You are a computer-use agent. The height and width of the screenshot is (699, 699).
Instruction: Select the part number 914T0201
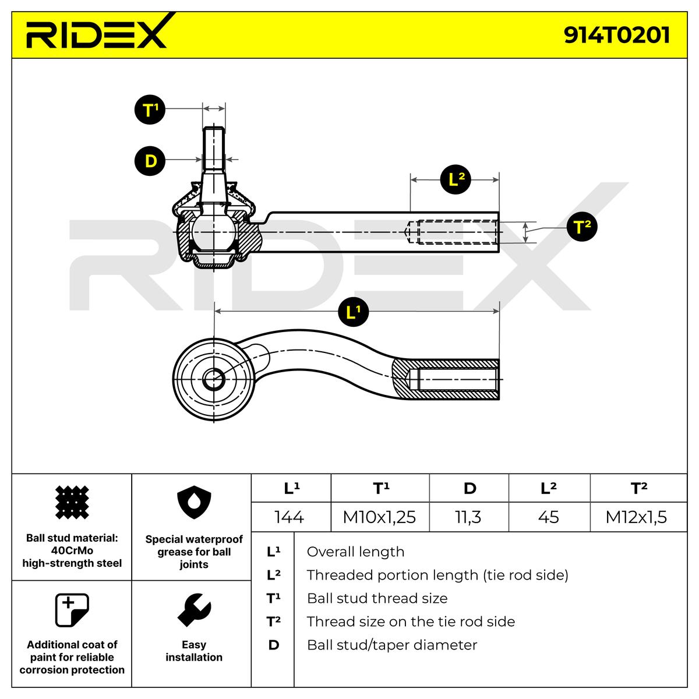point(616,35)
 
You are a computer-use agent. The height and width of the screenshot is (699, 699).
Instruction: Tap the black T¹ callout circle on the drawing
point(150,110)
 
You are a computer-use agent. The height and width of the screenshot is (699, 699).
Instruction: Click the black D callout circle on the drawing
point(150,161)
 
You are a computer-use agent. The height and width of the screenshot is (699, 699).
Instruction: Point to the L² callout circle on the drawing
point(456,179)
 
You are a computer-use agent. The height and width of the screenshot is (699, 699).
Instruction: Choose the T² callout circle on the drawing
point(582,227)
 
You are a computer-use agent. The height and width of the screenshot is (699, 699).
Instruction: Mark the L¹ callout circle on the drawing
point(354,312)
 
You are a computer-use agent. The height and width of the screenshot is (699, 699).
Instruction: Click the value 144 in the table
point(289,517)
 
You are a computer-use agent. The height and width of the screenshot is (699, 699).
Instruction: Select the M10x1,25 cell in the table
point(379,517)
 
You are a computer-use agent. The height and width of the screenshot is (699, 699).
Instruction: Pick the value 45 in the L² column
point(549,517)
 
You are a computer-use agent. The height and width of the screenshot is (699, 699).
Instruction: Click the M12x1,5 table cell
point(636,517)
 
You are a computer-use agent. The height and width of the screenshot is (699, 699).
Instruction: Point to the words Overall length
point(355,552)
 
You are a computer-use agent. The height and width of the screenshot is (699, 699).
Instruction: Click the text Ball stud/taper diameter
point(392,645)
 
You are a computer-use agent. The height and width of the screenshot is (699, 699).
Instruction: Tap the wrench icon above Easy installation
point(194,610)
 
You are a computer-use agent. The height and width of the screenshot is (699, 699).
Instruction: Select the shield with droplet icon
point(194,502)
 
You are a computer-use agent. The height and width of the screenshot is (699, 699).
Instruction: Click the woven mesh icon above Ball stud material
point(72,502)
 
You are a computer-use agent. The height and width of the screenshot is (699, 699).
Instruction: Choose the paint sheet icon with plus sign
point(72,610)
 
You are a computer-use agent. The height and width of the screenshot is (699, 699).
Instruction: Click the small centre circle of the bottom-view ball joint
point(214,379)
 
